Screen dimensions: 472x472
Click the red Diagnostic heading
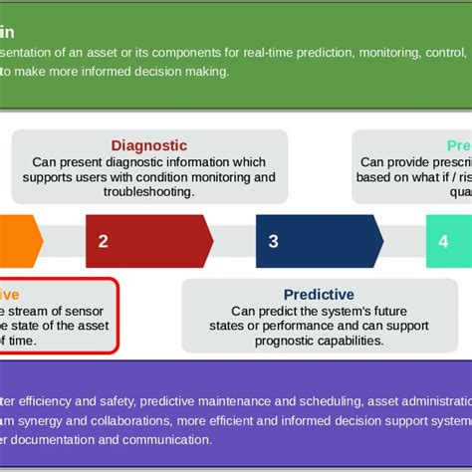tap(148, 145)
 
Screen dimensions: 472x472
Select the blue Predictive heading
tap(319, 294)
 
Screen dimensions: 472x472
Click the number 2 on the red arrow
tap(103, 241)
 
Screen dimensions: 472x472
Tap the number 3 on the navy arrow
tap(274, 241)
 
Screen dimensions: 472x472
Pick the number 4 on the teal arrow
tap(443, 241)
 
